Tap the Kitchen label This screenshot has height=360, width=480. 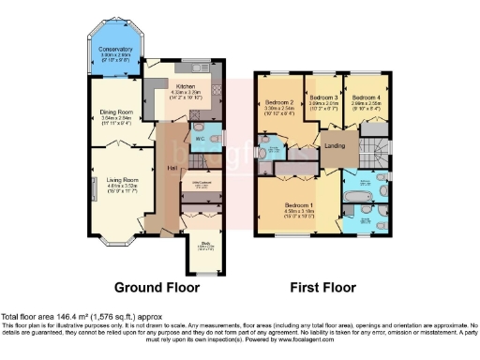pos(185,85)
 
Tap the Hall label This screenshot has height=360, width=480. pos(172,168)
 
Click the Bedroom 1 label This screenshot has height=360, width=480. pos(300,205)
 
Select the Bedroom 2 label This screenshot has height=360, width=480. pos(280,101)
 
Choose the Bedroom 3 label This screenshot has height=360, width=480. pos(323,97)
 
